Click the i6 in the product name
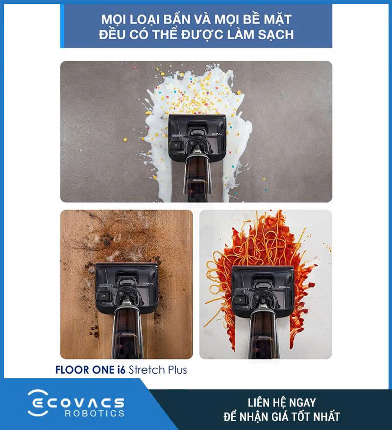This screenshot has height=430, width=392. [x=121, y=370]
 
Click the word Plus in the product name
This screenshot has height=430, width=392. [x=177, y=370]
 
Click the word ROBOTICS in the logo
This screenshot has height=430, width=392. [x=95, y=413]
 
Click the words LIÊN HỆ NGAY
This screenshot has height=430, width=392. [x=282, y=403]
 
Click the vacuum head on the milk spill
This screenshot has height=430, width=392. [x=197, y=137]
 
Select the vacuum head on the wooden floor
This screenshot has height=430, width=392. [x=126, y=287]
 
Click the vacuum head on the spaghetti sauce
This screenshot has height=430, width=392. [x=263, y=291]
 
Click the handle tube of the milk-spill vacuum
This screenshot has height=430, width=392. [x=197, y=178]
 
